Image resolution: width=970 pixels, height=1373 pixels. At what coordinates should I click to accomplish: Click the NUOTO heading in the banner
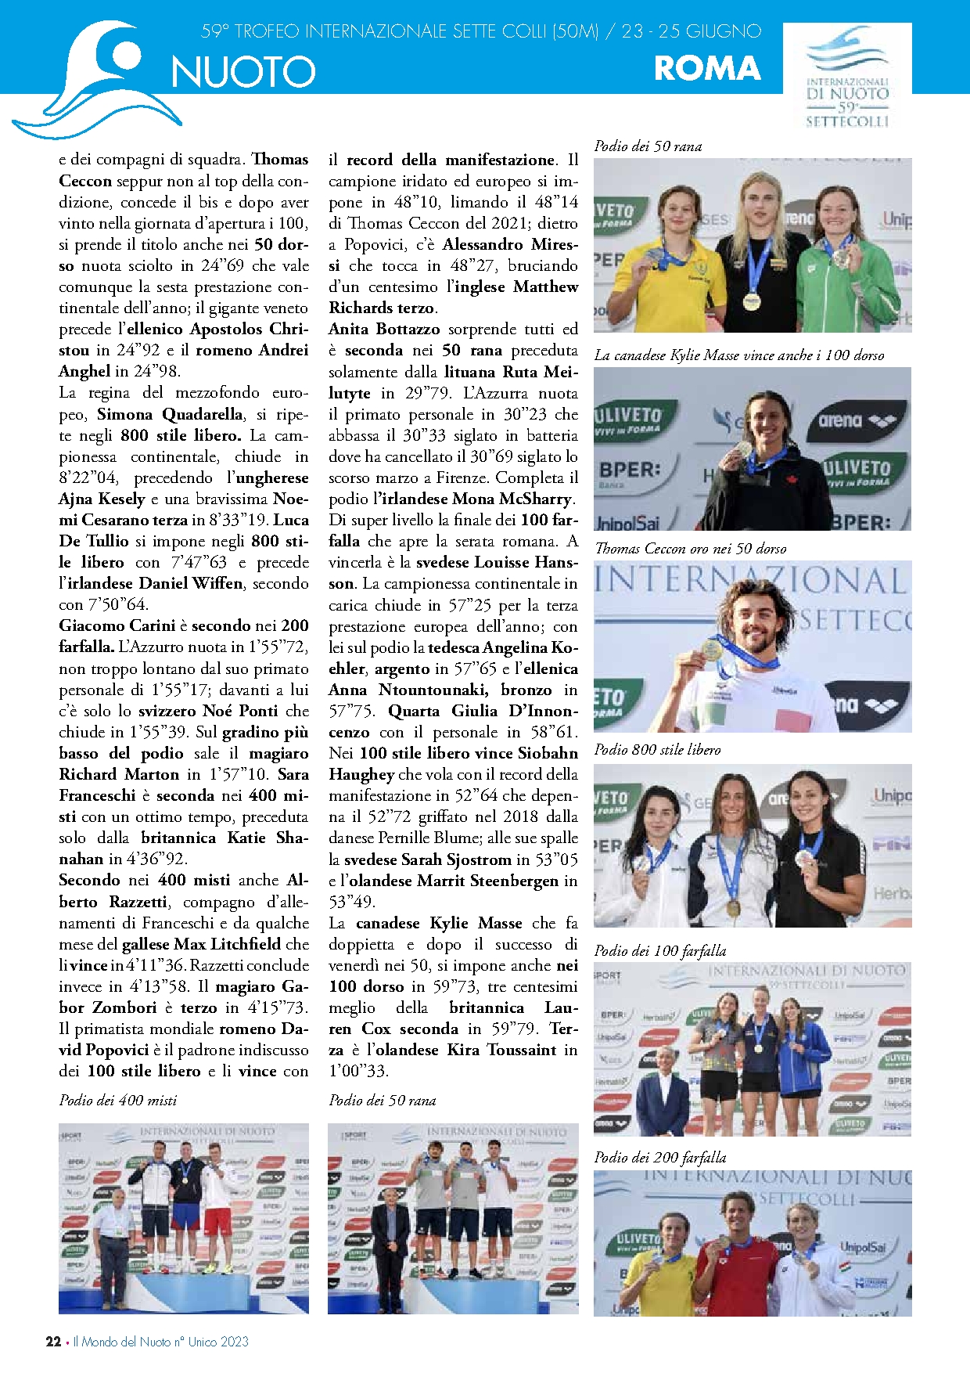243,72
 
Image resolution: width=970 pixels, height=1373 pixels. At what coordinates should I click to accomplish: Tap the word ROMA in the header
707,69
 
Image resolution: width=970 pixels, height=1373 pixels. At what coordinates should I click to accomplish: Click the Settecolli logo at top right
847,77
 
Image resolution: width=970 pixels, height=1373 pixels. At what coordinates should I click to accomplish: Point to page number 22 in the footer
53,1342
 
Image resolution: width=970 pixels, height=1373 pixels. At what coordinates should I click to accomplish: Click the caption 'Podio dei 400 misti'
118,1101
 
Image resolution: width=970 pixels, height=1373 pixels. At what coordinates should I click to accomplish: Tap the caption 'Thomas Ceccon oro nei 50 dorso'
691,549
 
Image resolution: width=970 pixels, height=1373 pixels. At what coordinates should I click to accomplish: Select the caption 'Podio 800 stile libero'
657,750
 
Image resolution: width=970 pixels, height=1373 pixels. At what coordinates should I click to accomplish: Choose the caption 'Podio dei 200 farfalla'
660,1158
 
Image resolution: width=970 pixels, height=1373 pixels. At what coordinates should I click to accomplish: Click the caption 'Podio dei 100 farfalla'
660,951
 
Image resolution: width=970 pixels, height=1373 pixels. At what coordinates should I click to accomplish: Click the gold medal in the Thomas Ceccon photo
712,648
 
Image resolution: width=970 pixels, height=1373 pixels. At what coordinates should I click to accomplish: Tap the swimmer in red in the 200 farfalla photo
736,1264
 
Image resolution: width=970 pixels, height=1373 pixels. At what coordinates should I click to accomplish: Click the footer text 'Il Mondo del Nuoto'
121,1342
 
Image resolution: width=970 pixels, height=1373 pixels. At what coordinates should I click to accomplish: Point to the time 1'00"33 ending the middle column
358,1072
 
